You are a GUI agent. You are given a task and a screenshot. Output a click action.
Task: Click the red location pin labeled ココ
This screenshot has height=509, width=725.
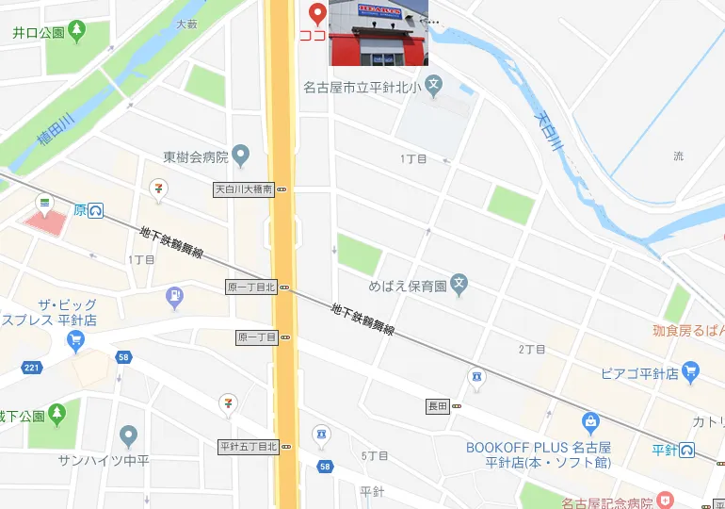coord(317,13)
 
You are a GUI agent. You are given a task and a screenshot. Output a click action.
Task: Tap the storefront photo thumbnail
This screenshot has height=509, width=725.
coord(379,33)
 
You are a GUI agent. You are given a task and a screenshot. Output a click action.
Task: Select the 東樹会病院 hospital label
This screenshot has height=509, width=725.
coord(196,156)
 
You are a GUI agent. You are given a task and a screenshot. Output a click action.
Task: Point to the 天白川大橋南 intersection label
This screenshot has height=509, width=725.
coord(244,189)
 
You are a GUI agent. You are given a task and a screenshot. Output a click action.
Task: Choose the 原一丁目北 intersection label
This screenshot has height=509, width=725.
coord(250,287)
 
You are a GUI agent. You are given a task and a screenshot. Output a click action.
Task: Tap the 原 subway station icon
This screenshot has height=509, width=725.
coord(96,210)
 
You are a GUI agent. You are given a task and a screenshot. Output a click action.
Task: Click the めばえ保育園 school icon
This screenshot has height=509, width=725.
coord(459,283)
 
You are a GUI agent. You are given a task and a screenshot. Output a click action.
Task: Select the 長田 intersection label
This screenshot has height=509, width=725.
coord(438,406)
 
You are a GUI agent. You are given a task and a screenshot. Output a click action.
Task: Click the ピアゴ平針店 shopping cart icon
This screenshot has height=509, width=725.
coord(690,372)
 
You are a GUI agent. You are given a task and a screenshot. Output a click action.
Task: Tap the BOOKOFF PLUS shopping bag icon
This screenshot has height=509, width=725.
coord(590,422)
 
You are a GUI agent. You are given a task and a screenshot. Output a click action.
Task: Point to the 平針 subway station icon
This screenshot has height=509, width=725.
coord(688,451)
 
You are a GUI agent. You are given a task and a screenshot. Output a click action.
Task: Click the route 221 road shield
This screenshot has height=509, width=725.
coord(33,367)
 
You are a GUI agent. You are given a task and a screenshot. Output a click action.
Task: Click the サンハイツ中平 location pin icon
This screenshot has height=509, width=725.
coord(129,435)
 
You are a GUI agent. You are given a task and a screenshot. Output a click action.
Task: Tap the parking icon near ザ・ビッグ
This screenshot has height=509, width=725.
coord(174,299)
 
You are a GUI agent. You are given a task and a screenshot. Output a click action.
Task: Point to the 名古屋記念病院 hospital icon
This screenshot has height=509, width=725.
coord(666,500)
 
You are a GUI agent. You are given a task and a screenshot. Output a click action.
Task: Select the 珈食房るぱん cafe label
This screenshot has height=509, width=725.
coord(688,330)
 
